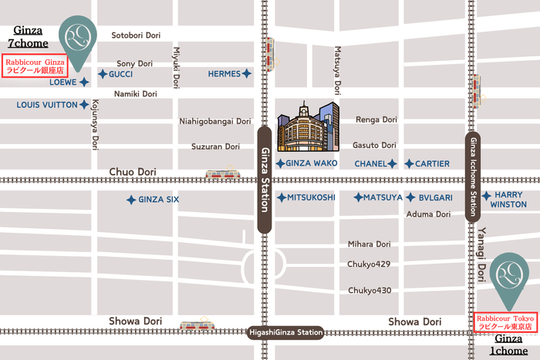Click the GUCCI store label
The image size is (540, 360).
coord(121,74)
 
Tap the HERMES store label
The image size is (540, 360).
coord(224,74)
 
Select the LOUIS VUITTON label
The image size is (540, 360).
coord(47,104)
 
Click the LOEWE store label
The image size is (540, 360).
coord(62,81)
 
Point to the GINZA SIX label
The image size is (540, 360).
coord(158,200)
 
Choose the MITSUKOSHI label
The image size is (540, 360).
coord(311,197)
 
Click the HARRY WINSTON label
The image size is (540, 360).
coord(510,200)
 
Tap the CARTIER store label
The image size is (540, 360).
coord(431,163)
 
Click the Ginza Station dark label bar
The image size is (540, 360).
coord(264,180)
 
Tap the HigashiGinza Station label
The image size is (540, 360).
coord(285,333)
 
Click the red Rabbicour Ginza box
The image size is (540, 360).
coord(35,64)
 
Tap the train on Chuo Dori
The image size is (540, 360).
coord(221,175)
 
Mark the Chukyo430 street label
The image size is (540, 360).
coord(370,291)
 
